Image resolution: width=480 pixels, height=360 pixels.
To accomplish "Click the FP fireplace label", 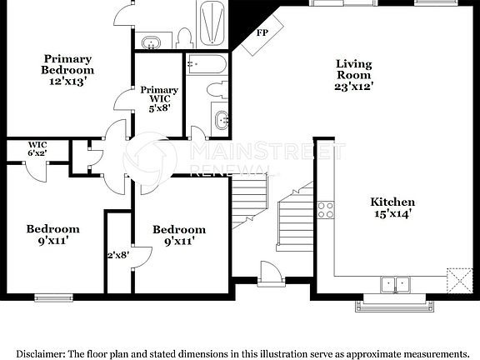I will pos(262,32).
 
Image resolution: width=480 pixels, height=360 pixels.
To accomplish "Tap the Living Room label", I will pos(354,74).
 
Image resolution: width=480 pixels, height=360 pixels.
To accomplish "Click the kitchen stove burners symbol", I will pos(325,208).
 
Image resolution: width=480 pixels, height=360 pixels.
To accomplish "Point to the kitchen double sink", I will pos(396,284).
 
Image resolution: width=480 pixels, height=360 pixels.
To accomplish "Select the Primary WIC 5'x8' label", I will pos(158,98).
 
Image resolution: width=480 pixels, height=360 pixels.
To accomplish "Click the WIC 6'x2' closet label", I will pos(37,148).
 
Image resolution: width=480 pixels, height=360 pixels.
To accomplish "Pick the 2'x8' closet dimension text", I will pos(117,256).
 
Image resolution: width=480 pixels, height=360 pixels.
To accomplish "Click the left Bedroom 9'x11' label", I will pos(52,234).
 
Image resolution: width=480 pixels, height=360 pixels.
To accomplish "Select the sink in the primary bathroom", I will pos(151,42).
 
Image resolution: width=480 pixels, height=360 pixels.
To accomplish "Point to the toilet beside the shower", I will pos(184,37).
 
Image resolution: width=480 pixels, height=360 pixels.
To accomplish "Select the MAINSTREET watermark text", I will pos(267,152).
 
